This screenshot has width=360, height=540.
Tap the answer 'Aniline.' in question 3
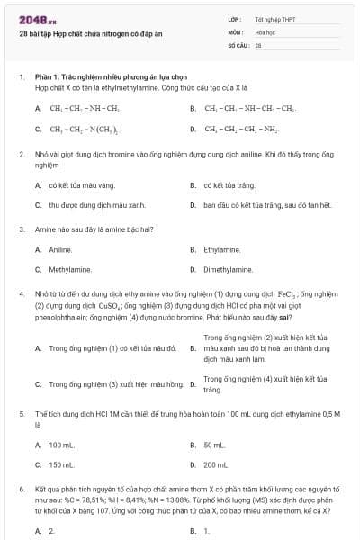[60, 249]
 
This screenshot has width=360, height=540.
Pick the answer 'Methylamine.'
[71, 269]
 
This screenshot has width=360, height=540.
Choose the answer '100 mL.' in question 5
[62, 445]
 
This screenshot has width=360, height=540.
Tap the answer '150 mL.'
[62, 465]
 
